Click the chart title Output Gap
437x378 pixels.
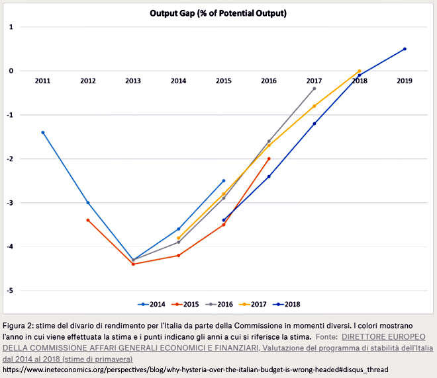click(x=218, y=13)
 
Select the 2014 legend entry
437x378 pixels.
click(x=152, y=304)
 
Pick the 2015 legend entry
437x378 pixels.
click(x=185, y=304)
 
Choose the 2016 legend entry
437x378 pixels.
click(x=219, y=304)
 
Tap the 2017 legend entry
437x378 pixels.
click(x=253, y=304)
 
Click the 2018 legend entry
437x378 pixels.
click(x=287, y=304)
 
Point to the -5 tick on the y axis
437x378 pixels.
click(x=10, y=291)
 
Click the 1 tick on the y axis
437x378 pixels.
click(x=11, y=27)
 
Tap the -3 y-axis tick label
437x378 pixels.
click(x=10, y=203)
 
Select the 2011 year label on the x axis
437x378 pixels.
click(x=42, y=81)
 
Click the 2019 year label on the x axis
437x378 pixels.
click(x=405, y=81)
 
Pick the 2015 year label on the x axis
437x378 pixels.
click(x=224, y=81)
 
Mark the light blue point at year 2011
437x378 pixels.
click(x=42, y=132)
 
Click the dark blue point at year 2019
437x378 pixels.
click(x=405, y=49)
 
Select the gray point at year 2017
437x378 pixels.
click(x=315, y=89)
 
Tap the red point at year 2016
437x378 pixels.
click(x=269, y=159)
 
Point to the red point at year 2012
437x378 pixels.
click(x=88, y=220)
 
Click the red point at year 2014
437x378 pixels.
click(x=179, y=255)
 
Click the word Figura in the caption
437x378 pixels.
click(x=14, y=326)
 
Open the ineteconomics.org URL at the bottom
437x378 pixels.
click(x=195, y=369)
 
